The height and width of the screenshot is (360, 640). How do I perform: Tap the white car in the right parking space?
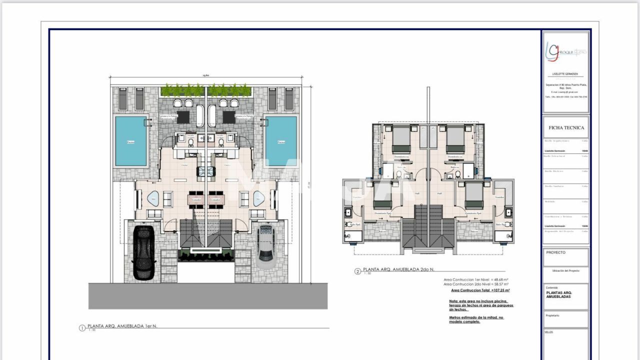[x=265, y=242]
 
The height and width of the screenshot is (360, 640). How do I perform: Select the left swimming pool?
[x=131, y=141]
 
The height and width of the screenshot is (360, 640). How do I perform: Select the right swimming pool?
[x=280, y=141]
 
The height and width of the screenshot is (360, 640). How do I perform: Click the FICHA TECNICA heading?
[x=566, y=127]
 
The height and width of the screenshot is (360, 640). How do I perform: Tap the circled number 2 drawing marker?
[x=357, y=272]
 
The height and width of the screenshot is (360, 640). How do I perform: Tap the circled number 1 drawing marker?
[x=82, y=328]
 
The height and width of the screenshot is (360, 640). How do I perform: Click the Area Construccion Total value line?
[x=480, y=290]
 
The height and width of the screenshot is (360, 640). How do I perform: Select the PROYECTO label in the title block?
[x=555, y=252]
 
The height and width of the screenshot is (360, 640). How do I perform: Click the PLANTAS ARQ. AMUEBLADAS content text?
[x=559, y=294]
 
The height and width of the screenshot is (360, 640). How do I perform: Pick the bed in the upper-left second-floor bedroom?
[x=400, y=139]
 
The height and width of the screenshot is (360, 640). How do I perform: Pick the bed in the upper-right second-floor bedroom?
[x=455, y=139]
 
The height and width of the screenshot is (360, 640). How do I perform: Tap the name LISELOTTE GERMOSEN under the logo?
[x=565, y=74]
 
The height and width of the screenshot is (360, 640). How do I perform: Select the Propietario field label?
[x=552, y=315]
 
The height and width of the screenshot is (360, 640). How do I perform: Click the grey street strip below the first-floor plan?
[x=207, y=296]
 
